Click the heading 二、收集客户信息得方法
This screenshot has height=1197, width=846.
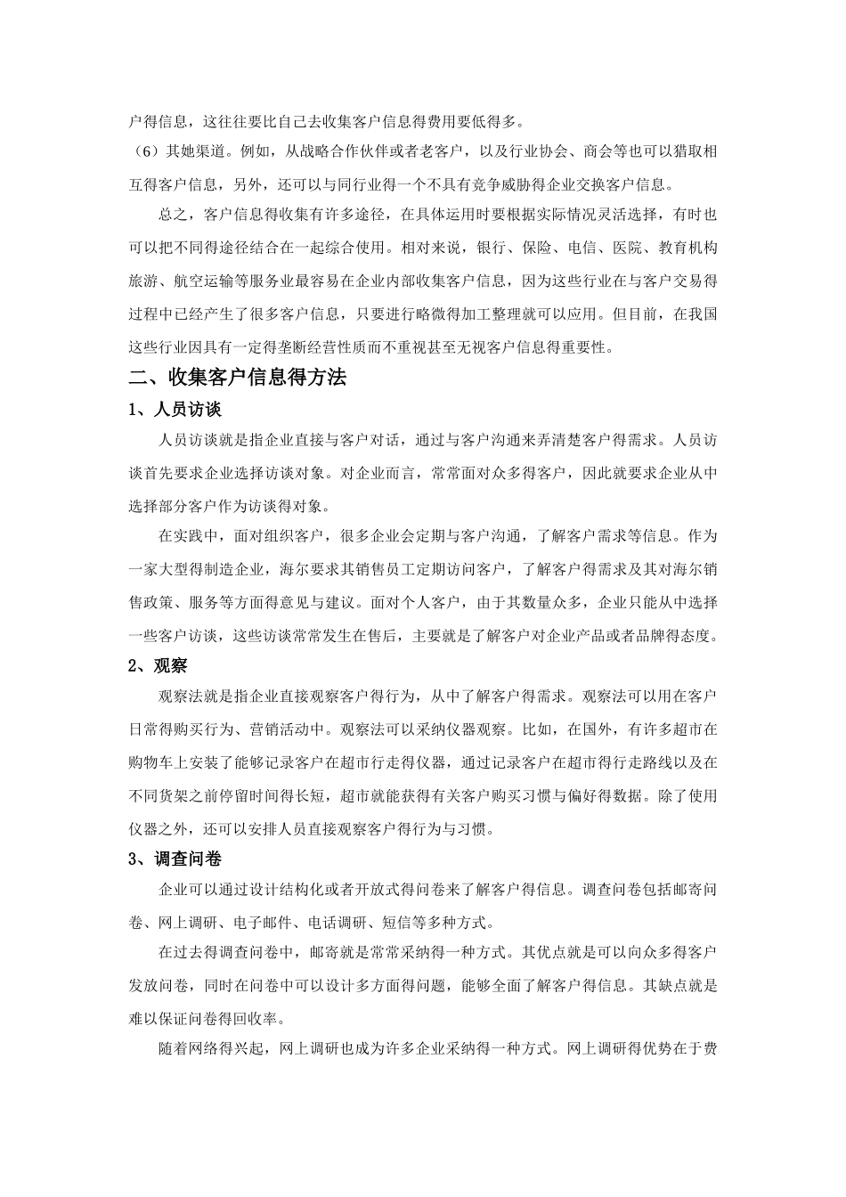click(237, 377)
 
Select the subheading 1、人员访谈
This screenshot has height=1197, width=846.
click(175, 410)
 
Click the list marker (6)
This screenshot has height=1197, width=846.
click(143, 151)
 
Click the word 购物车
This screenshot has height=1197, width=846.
click(151, 762)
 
